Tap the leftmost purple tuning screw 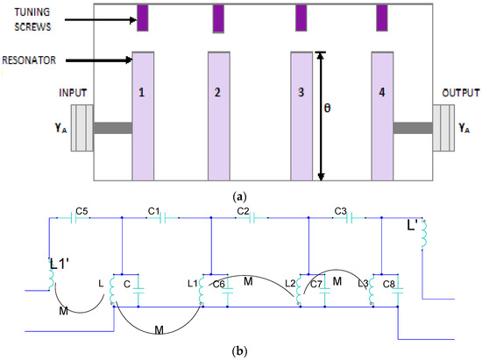(143, 17)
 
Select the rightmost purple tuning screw (382, 17)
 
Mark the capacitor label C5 (82, 211)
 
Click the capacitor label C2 (245, 211)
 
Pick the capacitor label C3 (342, 211)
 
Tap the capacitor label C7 (316, 286)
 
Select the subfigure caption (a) (242, 198)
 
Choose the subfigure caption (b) (242, 350)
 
